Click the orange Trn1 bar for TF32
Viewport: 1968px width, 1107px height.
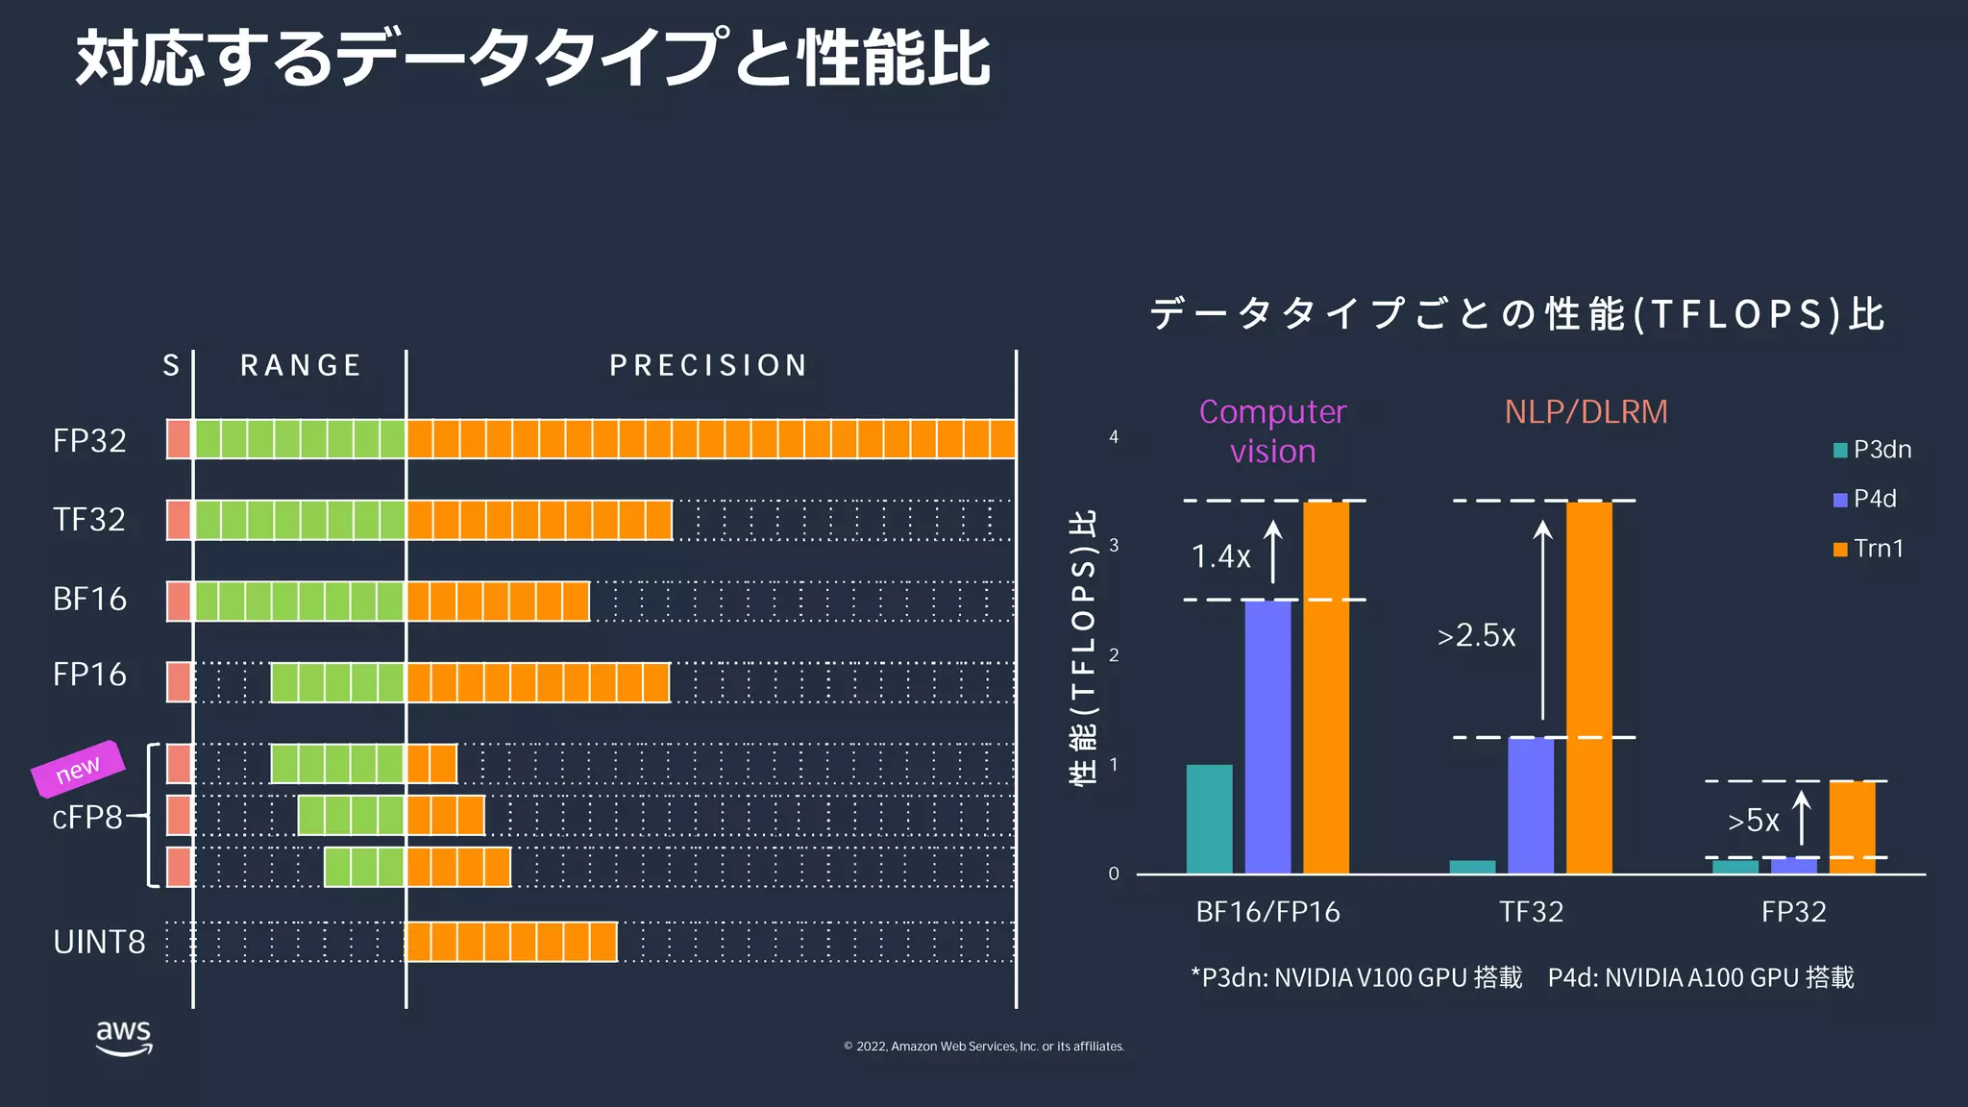coord(1588,687)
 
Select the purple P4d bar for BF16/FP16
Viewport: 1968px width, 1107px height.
coord(1267,736)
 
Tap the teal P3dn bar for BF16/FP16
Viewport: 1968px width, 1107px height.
coord(1209,819)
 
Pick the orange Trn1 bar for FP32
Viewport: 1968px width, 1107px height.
coord(1851,827)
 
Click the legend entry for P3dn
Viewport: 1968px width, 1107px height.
coord(1872,450)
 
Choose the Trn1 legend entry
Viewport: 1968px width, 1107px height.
coord(1868,549)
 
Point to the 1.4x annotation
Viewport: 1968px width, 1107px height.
coord(1220,556)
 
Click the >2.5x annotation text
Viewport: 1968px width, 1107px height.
coord(1476,635)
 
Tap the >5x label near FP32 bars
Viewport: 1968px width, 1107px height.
coord(1753,821)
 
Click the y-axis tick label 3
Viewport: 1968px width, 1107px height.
coord(1114,546)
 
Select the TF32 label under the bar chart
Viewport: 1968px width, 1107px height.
coord(1531,911)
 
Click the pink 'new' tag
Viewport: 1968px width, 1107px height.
coord(78,769)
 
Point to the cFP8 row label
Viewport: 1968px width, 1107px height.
coord(86,817)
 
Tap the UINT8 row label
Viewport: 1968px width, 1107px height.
coord(99,942)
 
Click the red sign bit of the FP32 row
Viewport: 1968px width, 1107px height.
coord(179,439)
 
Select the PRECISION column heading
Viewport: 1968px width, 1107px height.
coord(708,365)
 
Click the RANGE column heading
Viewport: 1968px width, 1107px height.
coord(300,365)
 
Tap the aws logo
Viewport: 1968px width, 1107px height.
coord(124,1037)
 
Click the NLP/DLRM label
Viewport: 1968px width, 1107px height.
coord(1586,411)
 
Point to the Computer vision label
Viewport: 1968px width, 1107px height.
coord(1272,430)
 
